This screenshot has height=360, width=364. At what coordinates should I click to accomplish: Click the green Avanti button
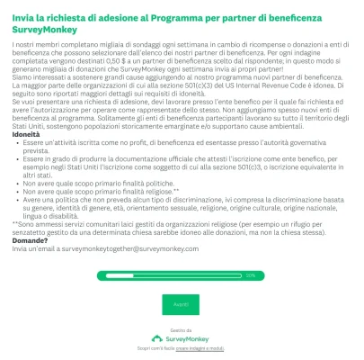coord(181,305)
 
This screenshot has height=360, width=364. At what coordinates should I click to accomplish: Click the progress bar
coord(181,275)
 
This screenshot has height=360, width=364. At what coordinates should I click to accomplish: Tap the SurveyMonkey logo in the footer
coord(181,338)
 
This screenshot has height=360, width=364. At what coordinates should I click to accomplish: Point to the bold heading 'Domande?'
coord(30,240)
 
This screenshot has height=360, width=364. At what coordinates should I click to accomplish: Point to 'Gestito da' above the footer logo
coord(181,330)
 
